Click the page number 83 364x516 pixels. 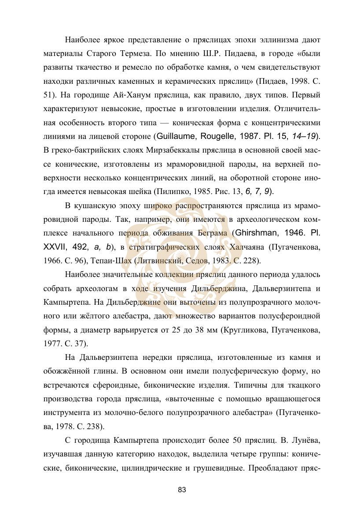tap(182, 490)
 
